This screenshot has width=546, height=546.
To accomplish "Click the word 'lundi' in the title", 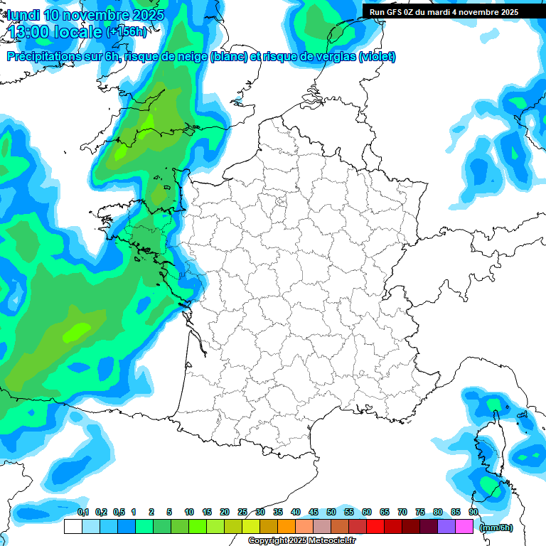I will [23, 15].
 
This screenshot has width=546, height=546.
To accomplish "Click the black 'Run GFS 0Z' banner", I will [444, 11].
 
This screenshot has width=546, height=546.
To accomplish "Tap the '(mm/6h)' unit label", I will [496, 528].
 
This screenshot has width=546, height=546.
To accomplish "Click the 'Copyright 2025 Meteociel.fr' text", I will [301, 541].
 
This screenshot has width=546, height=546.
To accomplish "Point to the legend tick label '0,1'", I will [82, 513].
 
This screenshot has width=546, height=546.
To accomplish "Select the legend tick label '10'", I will [189, 513].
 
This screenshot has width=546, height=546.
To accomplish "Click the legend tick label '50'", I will [331, 513].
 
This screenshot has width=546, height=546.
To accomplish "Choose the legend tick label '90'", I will [473, 513].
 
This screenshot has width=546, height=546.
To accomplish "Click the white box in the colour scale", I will [73, 527].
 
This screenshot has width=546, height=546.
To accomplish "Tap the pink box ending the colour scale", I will [464, 527].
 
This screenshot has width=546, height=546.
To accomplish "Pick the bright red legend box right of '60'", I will [375, 527].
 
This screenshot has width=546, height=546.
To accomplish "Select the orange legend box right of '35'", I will [287, 527].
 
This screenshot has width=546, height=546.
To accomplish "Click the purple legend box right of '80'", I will [446, 527].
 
